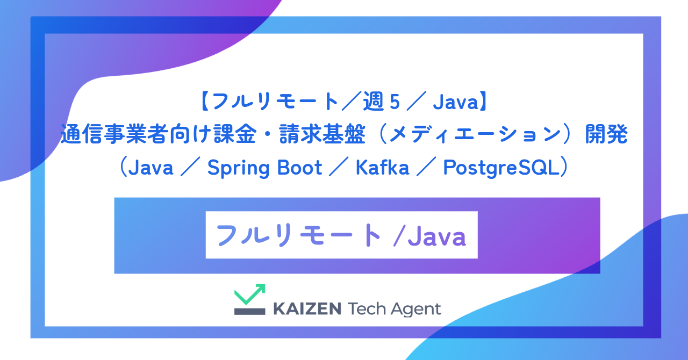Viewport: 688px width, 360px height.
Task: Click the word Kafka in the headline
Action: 382,168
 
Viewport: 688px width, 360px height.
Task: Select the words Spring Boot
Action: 264,168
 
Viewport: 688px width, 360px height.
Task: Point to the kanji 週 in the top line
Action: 373,102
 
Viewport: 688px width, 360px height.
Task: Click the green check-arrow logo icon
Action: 250,294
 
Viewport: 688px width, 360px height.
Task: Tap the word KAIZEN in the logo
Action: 307,309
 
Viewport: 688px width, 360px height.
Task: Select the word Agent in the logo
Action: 415,309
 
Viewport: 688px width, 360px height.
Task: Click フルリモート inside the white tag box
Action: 298,236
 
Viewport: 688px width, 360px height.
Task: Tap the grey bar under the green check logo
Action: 249,311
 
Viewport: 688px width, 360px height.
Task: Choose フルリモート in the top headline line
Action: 269,102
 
